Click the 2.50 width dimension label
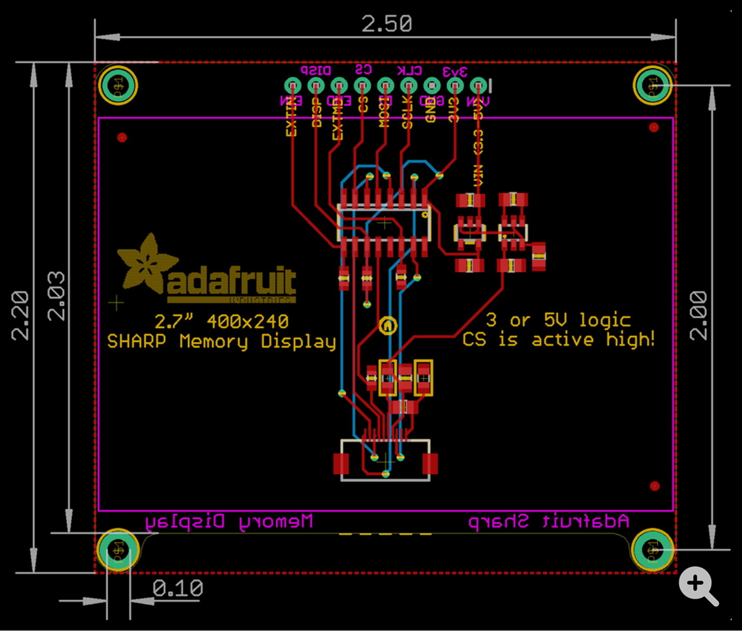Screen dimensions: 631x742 tap(387, 24)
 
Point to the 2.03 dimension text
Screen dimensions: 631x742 tap(56, 296)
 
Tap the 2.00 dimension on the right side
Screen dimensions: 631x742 tap(699, 315)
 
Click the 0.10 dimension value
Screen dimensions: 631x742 tap(178, 589)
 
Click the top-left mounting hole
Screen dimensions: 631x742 tap(118, 84)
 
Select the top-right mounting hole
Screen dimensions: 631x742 tap(653, 84)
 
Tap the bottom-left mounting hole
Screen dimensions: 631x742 tap(118, 549)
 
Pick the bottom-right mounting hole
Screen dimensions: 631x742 tap(653, 549)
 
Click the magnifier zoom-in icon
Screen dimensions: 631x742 tap(698, 585)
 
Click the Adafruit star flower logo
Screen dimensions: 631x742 tap(146, 262)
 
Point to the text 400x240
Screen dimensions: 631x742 tap(248, 322)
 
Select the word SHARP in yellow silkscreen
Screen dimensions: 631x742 tap(137, 342)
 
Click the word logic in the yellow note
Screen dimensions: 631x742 tap(605, 320)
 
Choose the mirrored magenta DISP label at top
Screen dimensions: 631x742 tap(316, 70)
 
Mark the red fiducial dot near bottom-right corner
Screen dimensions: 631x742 tap(654, 486)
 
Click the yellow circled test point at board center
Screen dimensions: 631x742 tap(388, 326)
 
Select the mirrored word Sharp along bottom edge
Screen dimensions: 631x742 tap(498, 522)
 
